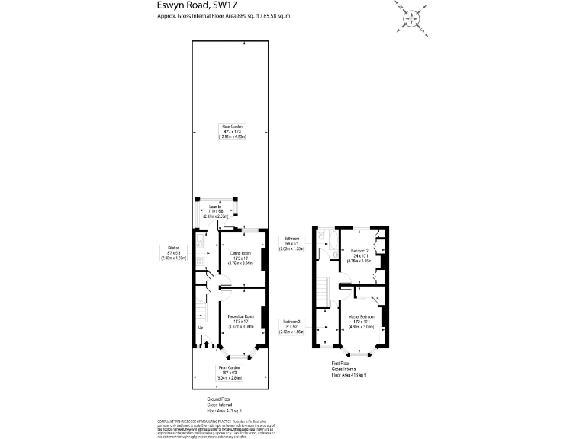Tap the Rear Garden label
[227, 130]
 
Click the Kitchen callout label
[169, 252]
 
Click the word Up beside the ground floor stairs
[201, 328]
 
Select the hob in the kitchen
[200, 260]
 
